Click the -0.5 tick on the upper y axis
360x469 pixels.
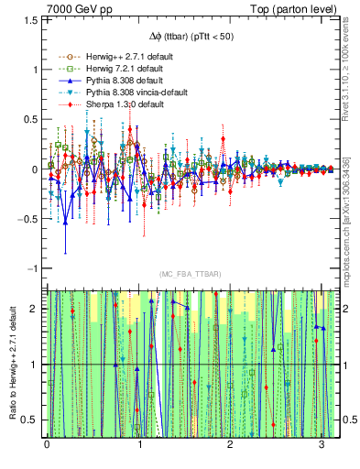(x=29, y=219)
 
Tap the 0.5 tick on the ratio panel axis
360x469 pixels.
(x=34, y=420)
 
